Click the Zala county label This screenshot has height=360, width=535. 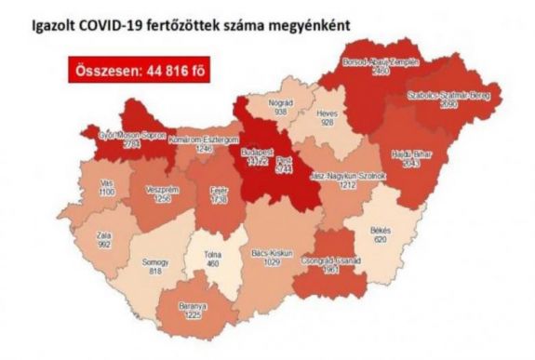(104, 236)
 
